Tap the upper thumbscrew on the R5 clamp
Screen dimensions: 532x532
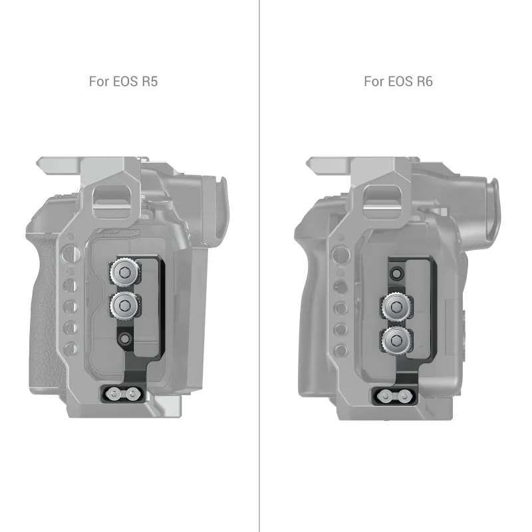pos(124,272)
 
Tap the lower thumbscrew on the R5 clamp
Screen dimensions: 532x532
pos(124,306)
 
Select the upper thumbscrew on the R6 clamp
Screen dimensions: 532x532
pos(396,307)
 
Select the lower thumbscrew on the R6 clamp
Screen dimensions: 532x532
pos(396,340)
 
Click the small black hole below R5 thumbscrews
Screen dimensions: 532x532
pos(125,338)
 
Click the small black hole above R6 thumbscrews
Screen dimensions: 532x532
pos(396,273)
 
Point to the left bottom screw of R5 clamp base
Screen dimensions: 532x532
pos(113,394)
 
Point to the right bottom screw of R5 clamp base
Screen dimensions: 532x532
pos(132,394)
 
